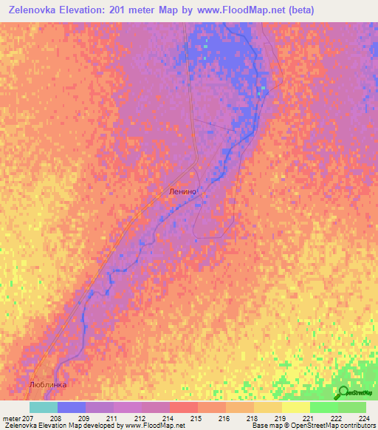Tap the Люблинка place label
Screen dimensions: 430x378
tap(48, 385)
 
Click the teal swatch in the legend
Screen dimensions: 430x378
tap(44, 407)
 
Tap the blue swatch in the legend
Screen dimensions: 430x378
tap(72, 407)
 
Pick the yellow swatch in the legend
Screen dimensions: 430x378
tap(296, 407)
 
